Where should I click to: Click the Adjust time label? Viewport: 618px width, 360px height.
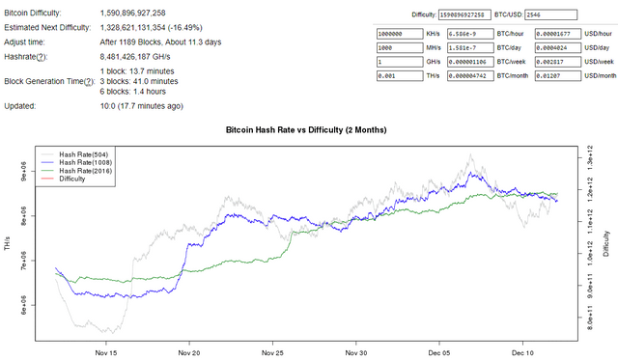(29, 42)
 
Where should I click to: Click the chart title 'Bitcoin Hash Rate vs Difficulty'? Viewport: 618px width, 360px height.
(310, 127)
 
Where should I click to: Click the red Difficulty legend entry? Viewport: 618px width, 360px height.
(72, 179)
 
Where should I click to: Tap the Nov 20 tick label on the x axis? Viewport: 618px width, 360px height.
(189, 353)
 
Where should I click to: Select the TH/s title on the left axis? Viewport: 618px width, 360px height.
(8, 246)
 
